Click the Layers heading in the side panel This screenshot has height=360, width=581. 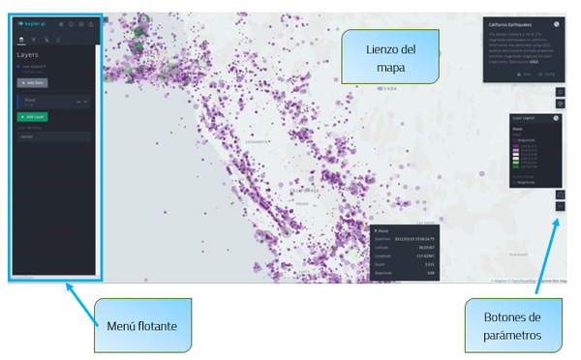coord(28,55)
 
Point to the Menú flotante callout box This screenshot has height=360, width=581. coord(143,326)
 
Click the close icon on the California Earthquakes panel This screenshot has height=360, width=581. coord(557,24)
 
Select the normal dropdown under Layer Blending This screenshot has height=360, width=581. coord(54,136)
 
